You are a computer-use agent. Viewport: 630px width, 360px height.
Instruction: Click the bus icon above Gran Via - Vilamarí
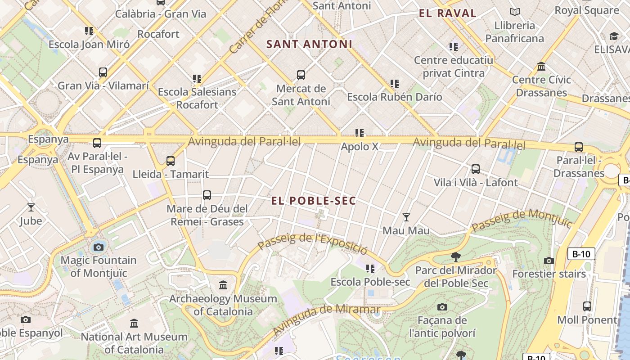[x=103, y=72]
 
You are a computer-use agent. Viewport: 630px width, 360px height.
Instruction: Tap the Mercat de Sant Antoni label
[x=301, y=95]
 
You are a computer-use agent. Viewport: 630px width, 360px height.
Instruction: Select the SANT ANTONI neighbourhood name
[x=309, y=44]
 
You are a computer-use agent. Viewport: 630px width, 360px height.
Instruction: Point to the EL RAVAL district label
[x=447, y=13]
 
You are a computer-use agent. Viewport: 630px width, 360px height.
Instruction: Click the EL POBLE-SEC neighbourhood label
[x=314, y=201]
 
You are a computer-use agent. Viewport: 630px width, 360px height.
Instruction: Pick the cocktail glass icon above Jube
[x=31, y=207]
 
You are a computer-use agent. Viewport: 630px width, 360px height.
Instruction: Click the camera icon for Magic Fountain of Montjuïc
[x=99, y=247]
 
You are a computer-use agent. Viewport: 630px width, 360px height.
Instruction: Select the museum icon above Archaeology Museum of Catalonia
[x=223, y=285]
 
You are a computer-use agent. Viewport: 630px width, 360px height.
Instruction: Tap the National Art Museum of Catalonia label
[x=134, y=343]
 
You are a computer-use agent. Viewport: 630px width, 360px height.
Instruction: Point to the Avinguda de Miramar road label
[x=326, y=319]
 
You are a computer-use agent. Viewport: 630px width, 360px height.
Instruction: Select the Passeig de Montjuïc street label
[x=522, y=220]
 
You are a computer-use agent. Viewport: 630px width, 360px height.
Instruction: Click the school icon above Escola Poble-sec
[x=370, y=269]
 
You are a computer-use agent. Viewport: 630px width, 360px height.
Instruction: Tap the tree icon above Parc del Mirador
[x=456, y=257]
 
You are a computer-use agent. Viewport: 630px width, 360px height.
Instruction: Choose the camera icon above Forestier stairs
[x=549, y=261]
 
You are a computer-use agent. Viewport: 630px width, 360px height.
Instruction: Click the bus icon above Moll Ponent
[x=587, y=306]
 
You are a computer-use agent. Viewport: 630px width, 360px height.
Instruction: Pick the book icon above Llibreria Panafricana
[x=515, y=12]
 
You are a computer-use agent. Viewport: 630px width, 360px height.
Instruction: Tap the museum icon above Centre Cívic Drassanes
[x=541, y=67]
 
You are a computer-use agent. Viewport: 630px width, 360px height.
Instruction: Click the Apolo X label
[x=360, y=147]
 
